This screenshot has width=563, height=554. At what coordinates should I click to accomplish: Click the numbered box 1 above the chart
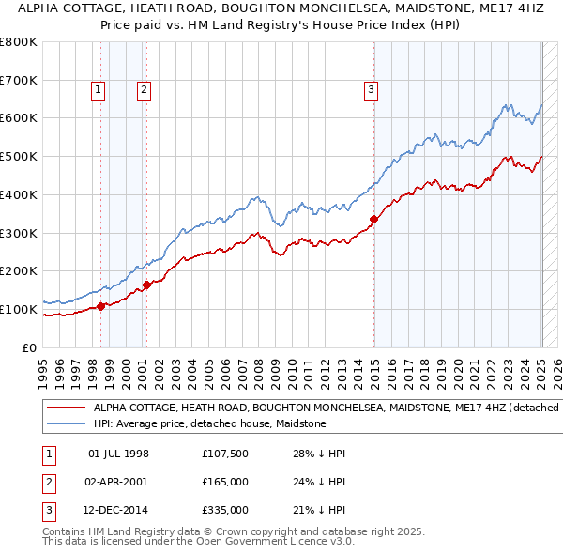99,90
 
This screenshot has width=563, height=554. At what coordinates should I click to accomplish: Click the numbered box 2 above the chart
144,90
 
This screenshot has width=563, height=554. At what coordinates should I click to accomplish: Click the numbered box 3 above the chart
372,90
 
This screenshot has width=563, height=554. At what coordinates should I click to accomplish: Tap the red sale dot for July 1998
100,305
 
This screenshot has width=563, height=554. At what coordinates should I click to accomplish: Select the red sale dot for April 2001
146,284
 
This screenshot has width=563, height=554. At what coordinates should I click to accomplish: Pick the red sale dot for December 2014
373,219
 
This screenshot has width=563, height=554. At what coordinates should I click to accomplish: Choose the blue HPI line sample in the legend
67,423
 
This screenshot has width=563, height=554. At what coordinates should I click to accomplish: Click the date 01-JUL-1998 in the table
118,454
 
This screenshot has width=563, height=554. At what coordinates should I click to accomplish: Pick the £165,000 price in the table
224,483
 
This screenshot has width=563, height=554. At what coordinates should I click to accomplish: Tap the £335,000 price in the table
224,511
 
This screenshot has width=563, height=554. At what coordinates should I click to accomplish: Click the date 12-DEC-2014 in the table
118,511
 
